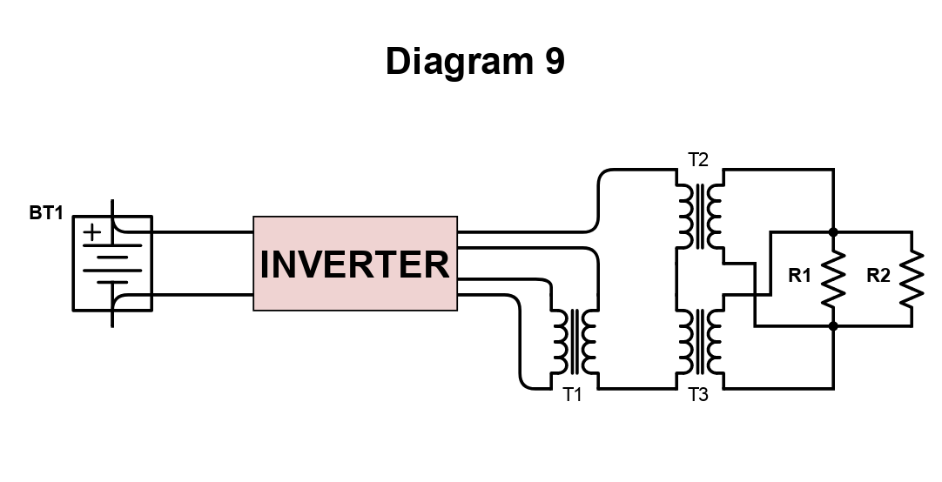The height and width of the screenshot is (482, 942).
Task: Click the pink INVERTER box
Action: [x=354, y=264]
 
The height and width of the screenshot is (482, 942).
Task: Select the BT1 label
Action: [x=46, y=213]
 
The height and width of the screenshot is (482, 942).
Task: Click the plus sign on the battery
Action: [x=92, y=232]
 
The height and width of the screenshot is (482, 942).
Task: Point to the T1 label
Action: [x=571, y=395]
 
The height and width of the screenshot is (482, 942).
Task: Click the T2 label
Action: [x=698, y=160]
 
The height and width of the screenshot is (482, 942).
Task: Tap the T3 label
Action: [x=698, y=395]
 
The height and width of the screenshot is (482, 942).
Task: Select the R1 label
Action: [x=799, y=277]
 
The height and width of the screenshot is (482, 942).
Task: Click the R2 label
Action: [x=878, y=277]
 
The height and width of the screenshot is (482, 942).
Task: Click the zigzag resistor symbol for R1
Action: [x=833, y=278]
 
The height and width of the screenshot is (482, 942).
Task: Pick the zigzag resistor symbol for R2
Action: [x=912, y=278]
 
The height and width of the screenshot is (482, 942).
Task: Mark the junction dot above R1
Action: [x=833, y=232]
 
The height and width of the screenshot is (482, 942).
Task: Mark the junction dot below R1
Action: [x=833, y=326]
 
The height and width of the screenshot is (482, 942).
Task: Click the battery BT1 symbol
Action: [x=112, y=264]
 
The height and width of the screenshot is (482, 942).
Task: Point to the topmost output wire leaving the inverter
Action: [x=522, y=231]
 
